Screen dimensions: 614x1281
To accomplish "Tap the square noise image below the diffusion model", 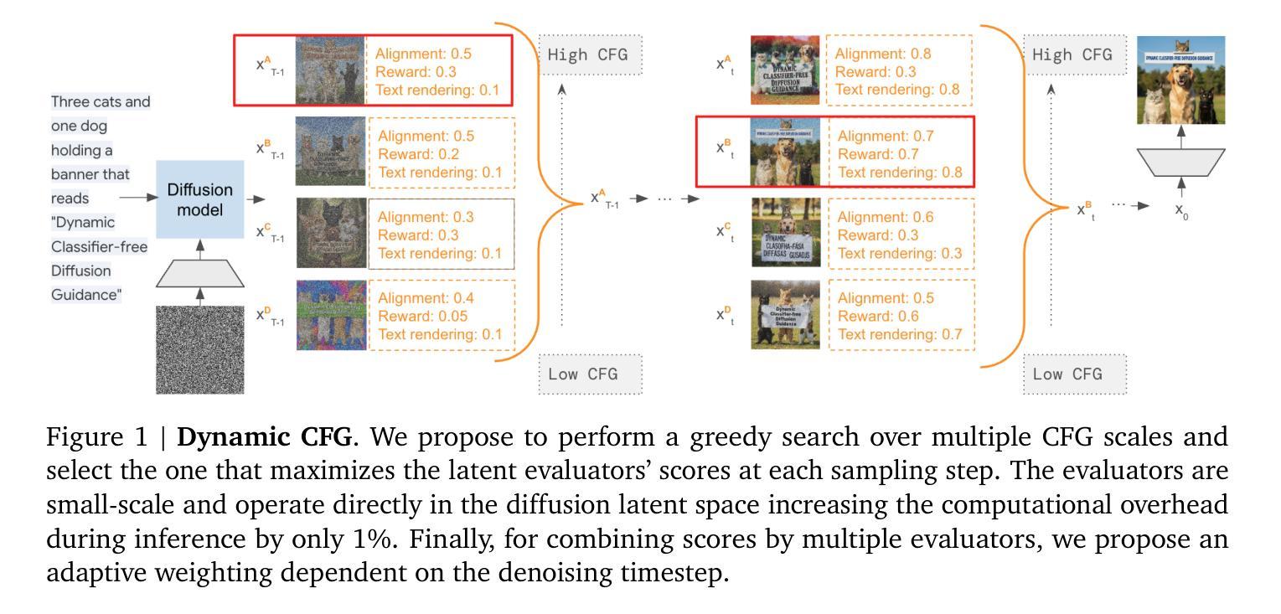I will (x=199, y=349).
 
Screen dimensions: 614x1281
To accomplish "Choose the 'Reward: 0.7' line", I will (x=878, y=155).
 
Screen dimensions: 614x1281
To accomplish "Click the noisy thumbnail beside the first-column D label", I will (x=331, y=314).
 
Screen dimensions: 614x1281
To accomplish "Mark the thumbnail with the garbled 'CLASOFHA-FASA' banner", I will (x=785, y=233).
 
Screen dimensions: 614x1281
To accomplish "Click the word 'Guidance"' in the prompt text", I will (x=86, y=295).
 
